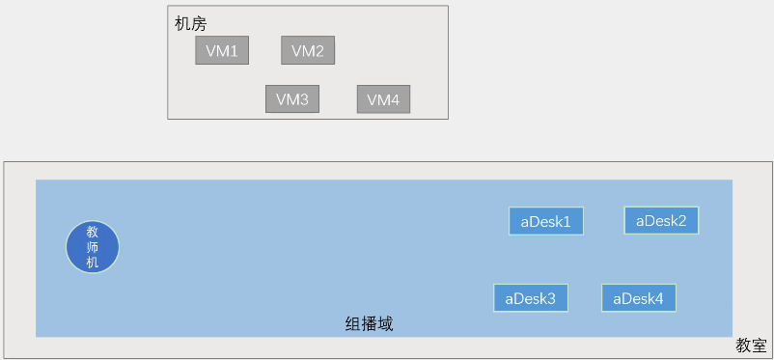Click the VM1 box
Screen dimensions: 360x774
(x=222, y=51)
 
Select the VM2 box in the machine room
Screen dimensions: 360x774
(x=308, y=51)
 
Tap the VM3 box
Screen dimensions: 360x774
(x=292, y=99)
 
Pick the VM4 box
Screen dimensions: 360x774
(x=383, y=99)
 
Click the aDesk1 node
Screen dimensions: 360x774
(x=546, y=221)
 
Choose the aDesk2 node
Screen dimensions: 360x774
(x=661, y=220)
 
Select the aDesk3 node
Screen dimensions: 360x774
(x=531, y=298)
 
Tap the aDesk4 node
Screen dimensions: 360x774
(x=638, y=298)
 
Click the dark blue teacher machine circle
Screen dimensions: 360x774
(x=93, y=246)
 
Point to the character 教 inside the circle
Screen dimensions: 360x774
(x=93, y=232)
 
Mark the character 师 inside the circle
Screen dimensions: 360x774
(x=93, y=247)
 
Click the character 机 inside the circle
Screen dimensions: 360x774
(x=93, y=263)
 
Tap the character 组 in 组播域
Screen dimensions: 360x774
(x=353, y=324)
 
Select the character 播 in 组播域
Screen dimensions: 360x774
(x=370, y=324)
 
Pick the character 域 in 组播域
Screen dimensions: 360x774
(x=385, y=324)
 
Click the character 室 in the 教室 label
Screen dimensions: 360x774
(x=760, y=345)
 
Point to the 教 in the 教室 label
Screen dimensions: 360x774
(x=744, y=345)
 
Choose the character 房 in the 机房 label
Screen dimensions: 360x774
(x=199, y=23)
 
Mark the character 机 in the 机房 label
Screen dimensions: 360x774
(x=182, y=23)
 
